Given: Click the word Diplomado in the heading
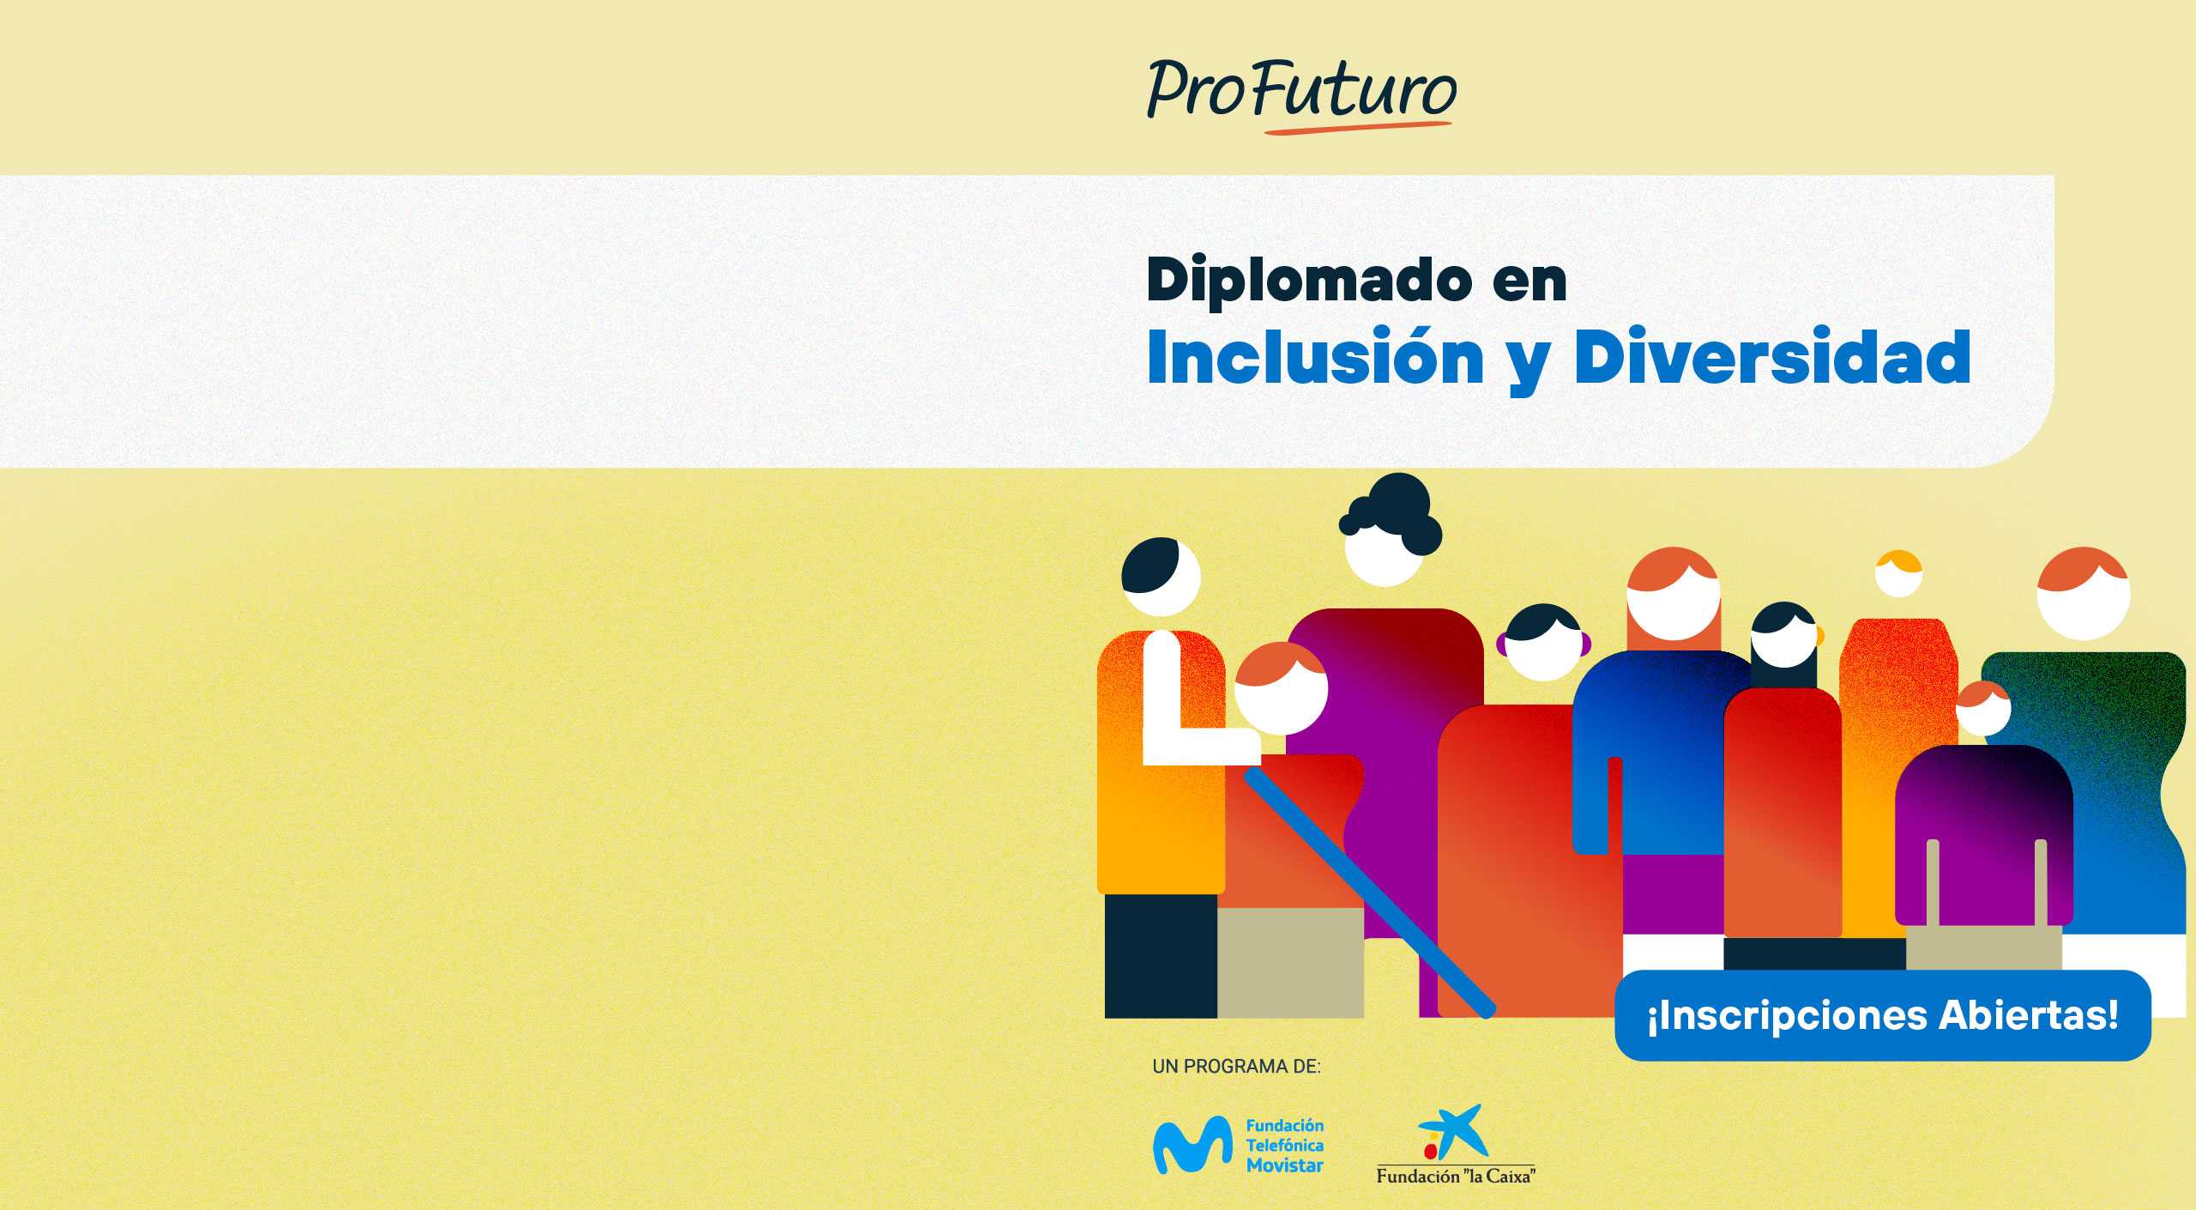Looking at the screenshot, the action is [x=1310, y=281].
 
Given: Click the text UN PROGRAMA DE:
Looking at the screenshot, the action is [x=1236, y=1067].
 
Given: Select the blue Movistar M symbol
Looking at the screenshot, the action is [x=1192, y=1144].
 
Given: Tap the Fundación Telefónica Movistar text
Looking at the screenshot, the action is [x=1284, y=1145].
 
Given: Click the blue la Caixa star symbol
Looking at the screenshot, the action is [x=1451, y=1128].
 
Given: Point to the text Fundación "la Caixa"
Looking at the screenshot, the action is [x=1456, y=1177].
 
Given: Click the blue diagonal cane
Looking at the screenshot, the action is [x=1370, y=892].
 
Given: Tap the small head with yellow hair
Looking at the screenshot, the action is [x=1898, y=573].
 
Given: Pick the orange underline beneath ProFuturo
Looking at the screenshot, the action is [x=1358, y=128].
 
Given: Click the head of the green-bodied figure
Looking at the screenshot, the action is [x=2083, y=593].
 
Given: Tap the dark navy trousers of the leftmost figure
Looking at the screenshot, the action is [x=1161, y=956].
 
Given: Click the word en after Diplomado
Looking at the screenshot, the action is [x=1529, y=282].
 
